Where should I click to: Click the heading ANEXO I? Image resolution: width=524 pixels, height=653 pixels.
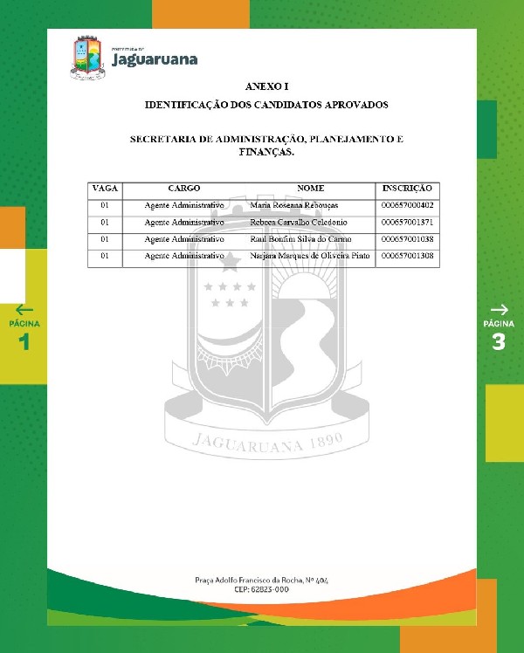coord(266,86)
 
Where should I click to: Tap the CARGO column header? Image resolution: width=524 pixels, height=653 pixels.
coord(184,189)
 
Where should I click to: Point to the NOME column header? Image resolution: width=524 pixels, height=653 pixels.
coord(310,189)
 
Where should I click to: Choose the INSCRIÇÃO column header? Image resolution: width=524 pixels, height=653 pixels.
coord(407,189)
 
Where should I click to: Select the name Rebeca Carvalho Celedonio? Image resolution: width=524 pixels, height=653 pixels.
coord(299,222)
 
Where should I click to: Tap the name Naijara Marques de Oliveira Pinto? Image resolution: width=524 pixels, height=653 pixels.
coord(310,256)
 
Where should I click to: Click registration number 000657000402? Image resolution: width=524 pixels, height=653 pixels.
coord(407,205)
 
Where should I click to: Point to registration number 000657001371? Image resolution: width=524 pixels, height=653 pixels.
coord(407,222)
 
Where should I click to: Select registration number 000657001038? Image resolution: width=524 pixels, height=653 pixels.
coord(407,238)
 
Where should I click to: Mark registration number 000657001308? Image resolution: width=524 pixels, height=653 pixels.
coord(407,256)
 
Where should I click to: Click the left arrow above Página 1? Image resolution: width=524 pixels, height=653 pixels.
coord(24,309)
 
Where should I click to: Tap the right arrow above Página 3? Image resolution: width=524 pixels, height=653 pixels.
coord(499,309)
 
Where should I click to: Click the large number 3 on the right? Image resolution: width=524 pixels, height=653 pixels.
coord(499,341)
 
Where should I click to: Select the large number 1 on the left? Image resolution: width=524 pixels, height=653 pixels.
coord(24,341)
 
